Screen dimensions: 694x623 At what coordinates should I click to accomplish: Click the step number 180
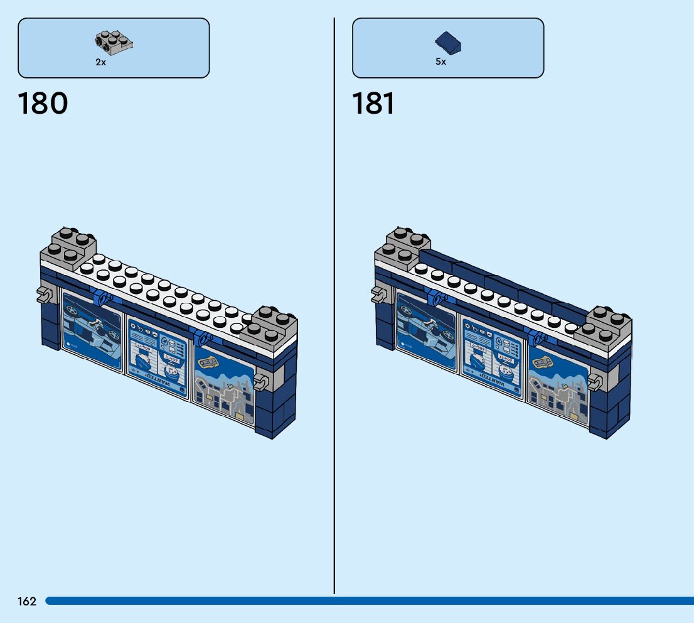tap(43, 104)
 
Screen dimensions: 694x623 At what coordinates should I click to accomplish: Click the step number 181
tap(373, 104)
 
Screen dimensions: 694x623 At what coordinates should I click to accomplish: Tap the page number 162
tap(27, 602)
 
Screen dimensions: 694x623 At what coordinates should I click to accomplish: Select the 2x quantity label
tap(100, 62)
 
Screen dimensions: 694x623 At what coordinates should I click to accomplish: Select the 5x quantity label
tap(440, 62)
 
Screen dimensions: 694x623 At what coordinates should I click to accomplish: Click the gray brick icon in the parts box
tap(114, 43)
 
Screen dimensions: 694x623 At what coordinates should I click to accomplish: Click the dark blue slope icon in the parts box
tap(449, 43)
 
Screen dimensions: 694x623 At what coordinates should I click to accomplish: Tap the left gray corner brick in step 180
tap(69, 246)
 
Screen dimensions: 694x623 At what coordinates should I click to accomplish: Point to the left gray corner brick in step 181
tap(403, 246)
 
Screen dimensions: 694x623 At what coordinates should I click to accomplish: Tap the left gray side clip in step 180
tap(43, 293)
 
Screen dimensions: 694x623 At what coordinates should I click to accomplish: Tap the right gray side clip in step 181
tap(595, 380)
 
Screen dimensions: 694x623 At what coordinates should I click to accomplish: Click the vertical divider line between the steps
tap(334, 314)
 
